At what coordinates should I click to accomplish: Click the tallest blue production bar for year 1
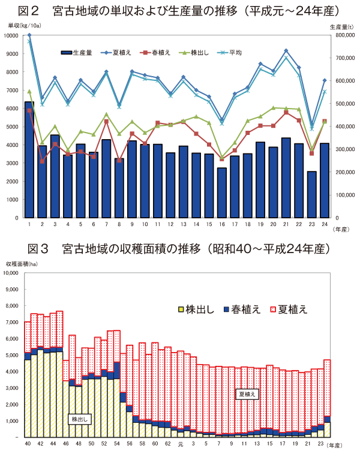pyautogui.click(x=29, y=160)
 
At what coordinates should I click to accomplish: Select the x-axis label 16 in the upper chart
pyautogui.click(x=222, y=224)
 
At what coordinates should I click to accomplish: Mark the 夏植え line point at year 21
pyautogui.click(x=286, y=51)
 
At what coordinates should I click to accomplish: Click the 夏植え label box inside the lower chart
pyautogui.click(x=247, y=394)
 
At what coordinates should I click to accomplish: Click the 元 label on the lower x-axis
pyautogui.click(x=180, y=444)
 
